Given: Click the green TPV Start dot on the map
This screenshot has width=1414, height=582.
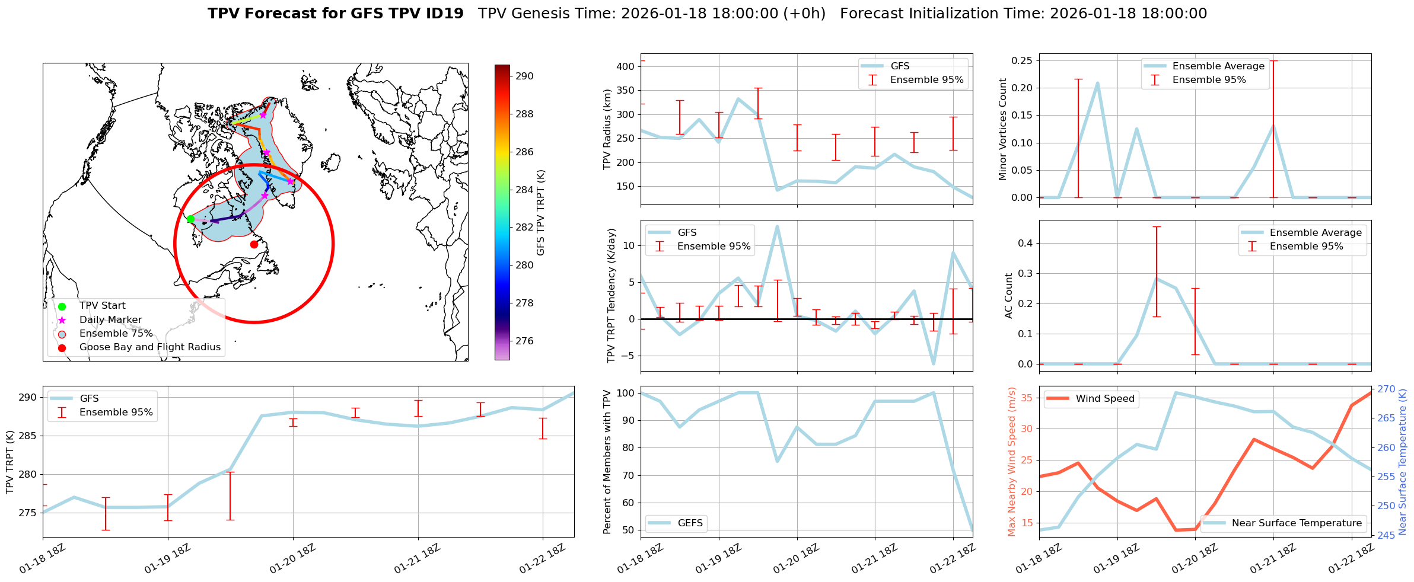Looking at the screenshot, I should [x=190, y=219].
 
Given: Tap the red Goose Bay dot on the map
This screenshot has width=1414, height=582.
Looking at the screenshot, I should [x=254, y=244].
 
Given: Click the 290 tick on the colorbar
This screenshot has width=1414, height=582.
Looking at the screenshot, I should [x=524, y=76].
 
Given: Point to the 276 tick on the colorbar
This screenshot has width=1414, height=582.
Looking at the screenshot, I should [x=524, y=341].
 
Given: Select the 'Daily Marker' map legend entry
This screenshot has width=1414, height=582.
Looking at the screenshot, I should [x=110, y=320].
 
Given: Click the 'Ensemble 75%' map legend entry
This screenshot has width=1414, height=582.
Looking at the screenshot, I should [x=116, y=334].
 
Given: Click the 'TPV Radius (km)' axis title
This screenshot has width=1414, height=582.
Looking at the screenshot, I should [x=607, y=129].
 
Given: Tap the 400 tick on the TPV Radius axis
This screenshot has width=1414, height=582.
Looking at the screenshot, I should [x=626, y=66].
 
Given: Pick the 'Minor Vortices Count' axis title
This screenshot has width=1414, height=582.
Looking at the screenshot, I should [x=1003, y=129].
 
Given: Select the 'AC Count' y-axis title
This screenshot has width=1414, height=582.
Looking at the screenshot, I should [x=1009, y=296].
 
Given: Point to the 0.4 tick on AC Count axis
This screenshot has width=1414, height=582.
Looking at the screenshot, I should [x=1024, y=243].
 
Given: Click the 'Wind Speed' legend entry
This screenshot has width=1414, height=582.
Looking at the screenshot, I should [x=1104, y=399].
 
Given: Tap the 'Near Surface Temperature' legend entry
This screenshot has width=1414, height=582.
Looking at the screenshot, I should [x=1297, y=523].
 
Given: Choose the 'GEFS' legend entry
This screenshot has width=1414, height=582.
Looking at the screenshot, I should [x=690, y=523].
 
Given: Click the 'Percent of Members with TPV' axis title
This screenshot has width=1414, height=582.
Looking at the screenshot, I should [x=607, y=462].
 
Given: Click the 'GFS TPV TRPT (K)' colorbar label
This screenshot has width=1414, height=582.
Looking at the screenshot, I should [x=540, y=212].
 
